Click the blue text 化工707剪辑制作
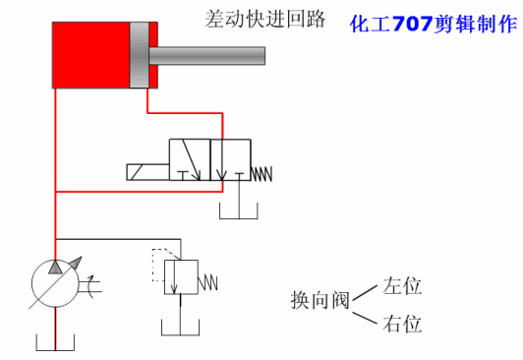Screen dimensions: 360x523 point(433,23)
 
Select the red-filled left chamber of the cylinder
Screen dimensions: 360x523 point(89,56)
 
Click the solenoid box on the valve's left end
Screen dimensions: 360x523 point(146,173)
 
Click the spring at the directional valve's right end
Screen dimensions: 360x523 point(261,173)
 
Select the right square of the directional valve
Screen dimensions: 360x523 point(231,160)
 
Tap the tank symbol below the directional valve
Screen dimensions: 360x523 point(235,210)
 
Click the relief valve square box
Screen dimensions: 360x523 point(181,276)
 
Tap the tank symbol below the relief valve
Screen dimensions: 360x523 point(180,330)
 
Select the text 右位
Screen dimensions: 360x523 point(403,324)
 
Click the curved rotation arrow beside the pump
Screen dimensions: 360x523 point(91,287)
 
